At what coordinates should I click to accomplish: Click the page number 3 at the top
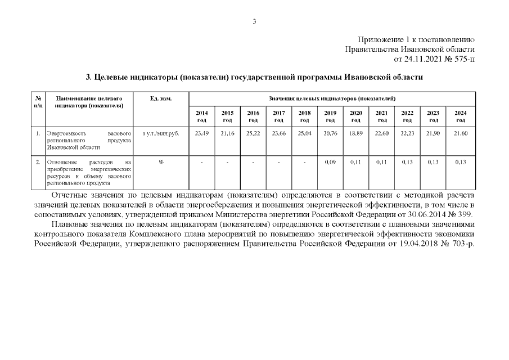[x=254, y=21]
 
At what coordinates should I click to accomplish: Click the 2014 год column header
[x=201, y=116]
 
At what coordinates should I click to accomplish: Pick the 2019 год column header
[x=330, y=116]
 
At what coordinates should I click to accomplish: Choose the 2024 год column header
[x=460, y=116]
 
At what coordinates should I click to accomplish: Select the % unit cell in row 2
[x=161, y=162]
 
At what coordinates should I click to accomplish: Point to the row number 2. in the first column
[x=37, y=162]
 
